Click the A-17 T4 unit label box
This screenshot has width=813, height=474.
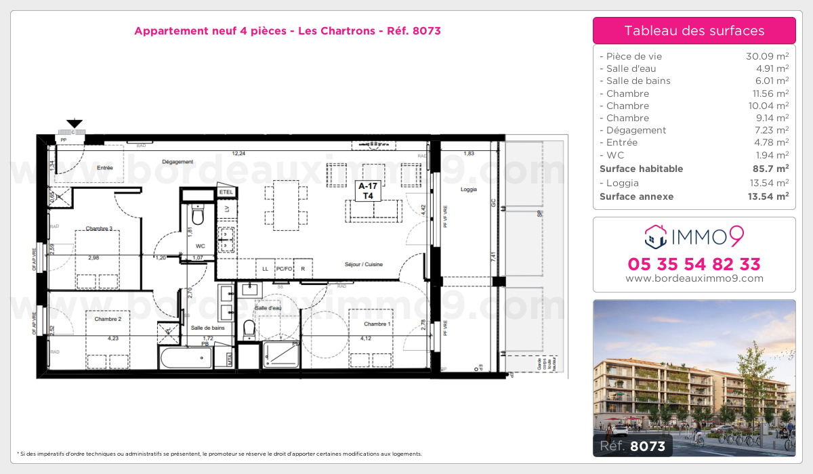(368, 190)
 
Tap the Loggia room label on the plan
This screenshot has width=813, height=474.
(469, 189)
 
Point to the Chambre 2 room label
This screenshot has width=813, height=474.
(108, 319)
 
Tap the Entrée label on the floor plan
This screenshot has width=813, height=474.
(105, 167)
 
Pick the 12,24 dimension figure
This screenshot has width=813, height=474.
(238, 153)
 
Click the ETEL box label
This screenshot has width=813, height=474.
(226, 192)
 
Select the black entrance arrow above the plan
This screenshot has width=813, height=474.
(75, 123)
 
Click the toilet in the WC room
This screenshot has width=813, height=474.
(198, 217)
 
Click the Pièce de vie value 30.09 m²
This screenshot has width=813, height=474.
(767, 57)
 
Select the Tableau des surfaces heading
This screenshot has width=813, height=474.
(694, 30)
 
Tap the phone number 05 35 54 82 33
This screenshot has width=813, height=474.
(694, 264)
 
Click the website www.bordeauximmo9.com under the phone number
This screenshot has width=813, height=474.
(694, 278)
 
